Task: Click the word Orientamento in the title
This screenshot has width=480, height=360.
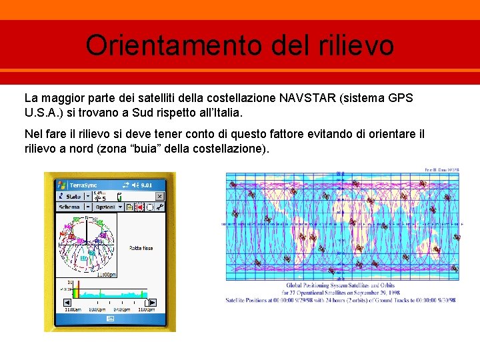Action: tap(173, 45)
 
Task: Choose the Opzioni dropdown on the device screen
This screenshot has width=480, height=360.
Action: tap(105, 207)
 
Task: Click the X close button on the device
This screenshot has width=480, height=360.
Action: tap(159, 197)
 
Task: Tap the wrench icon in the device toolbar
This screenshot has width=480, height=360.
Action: tap(161, 207)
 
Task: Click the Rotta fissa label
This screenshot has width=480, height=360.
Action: tap(141, 248)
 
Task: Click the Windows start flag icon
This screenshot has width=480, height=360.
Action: tap(62, 185)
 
